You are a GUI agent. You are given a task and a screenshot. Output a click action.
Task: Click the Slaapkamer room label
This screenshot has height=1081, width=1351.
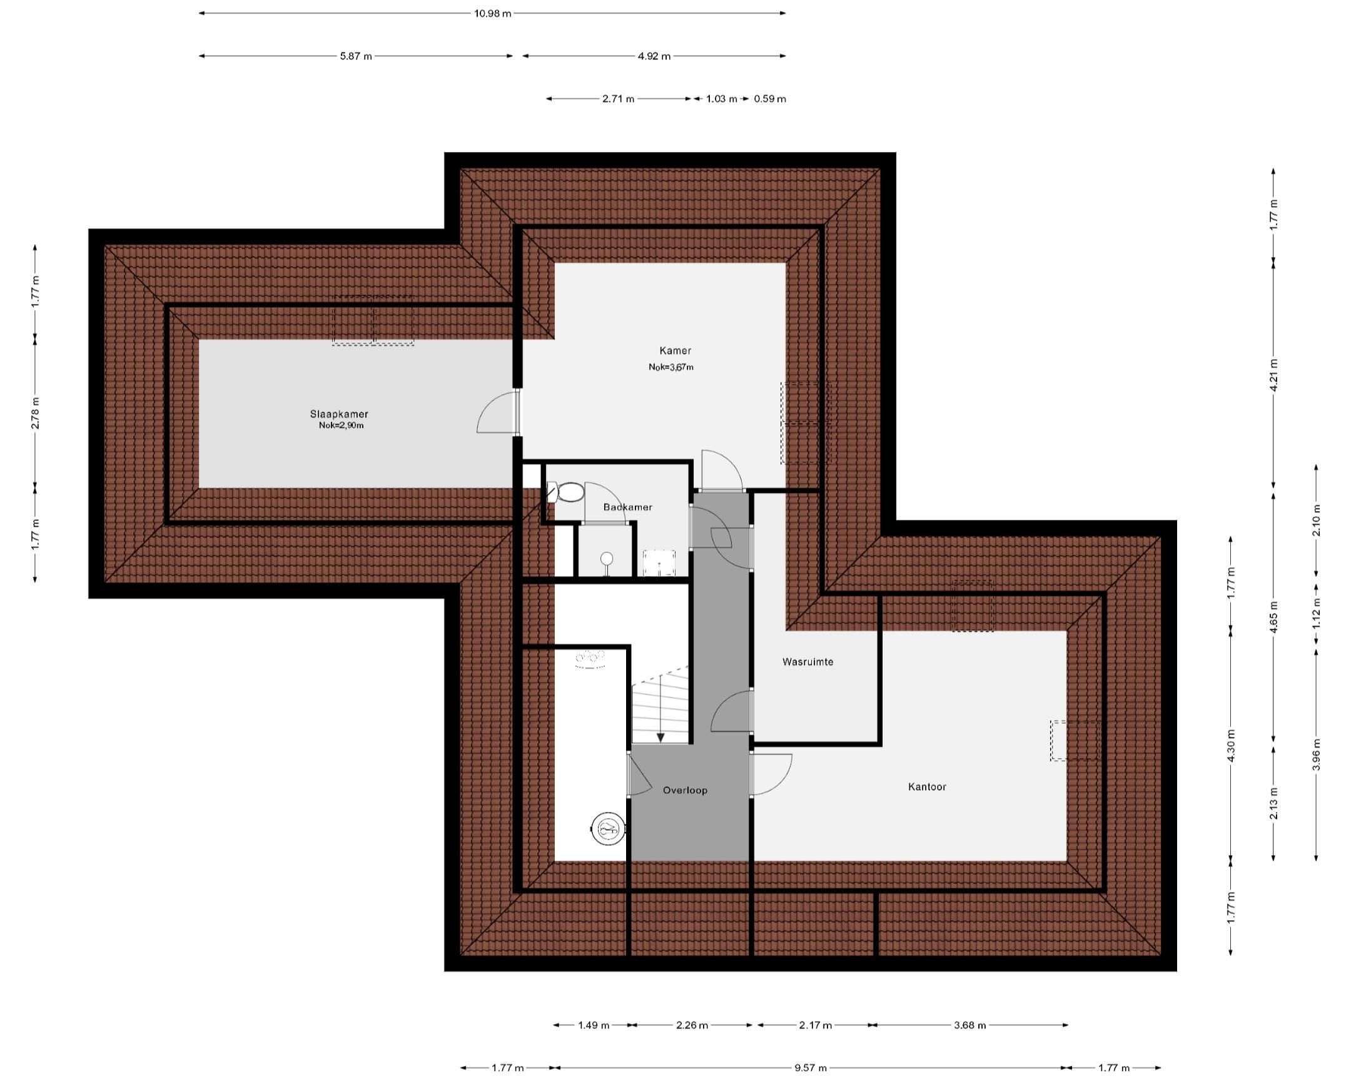339,414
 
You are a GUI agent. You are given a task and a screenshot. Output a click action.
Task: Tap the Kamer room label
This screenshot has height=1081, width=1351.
675,351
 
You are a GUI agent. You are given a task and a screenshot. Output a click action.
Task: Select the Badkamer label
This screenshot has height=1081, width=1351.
627,507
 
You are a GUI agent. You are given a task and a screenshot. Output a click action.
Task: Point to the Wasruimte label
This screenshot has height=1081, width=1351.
807,662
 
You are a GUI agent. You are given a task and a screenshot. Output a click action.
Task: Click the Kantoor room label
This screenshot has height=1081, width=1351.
927,786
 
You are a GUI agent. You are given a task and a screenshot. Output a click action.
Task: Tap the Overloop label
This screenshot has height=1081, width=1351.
685,790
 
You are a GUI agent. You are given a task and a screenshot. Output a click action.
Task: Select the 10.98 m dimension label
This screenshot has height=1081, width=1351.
492,13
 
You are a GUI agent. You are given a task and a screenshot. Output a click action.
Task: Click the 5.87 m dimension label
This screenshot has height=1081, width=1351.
356,56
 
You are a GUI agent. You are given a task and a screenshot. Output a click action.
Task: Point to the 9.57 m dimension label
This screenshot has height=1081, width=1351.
811,1068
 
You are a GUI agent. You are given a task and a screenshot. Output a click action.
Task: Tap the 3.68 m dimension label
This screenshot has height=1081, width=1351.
970,1025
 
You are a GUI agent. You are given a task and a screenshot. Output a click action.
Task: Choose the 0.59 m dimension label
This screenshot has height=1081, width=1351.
770,99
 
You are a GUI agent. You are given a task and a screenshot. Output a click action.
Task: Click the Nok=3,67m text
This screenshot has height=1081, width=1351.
671,367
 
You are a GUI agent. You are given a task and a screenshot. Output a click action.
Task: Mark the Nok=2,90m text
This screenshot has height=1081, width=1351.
341,425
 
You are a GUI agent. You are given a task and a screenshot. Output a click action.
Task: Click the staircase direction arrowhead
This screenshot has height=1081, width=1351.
660,738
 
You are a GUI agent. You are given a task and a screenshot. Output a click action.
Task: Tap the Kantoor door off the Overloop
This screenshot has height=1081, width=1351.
771,775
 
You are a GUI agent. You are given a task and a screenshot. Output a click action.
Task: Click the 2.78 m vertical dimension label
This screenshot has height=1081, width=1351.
35,413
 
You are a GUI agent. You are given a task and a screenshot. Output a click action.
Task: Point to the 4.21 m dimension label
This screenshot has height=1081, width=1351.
1273,374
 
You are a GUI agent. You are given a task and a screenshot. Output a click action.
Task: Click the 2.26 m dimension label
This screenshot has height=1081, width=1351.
692,1025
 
